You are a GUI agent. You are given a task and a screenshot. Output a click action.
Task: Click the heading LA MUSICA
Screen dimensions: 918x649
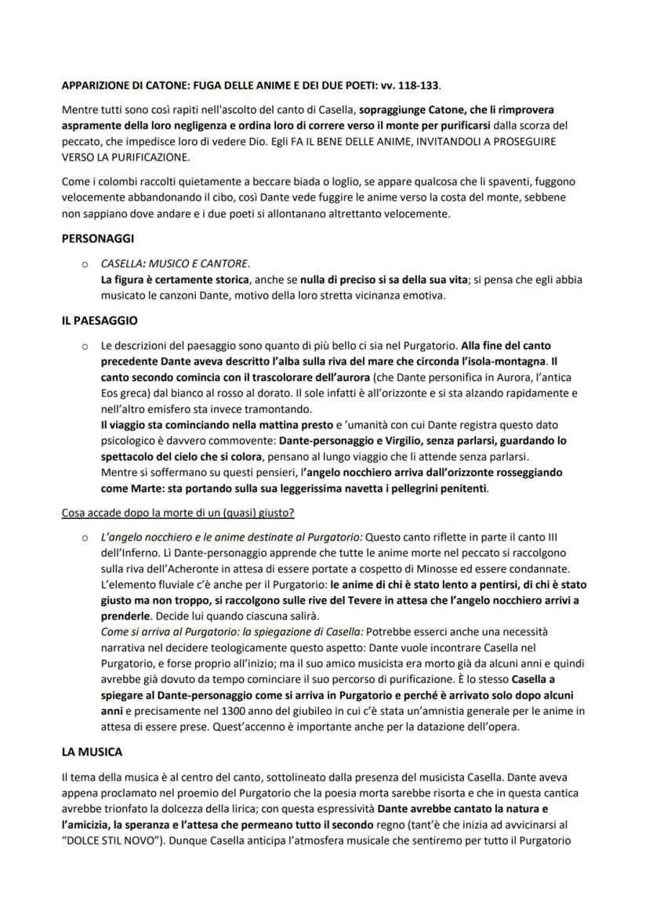pyautogui.click(x=92, y=752)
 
